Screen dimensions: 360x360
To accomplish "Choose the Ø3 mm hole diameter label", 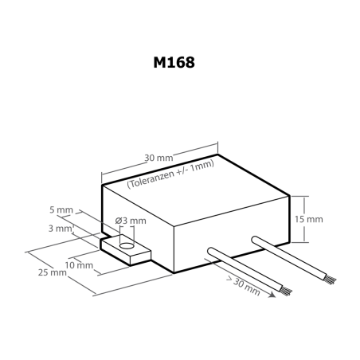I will [x=131, y=220].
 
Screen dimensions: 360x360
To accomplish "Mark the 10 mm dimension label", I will [x=80, y=264].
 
